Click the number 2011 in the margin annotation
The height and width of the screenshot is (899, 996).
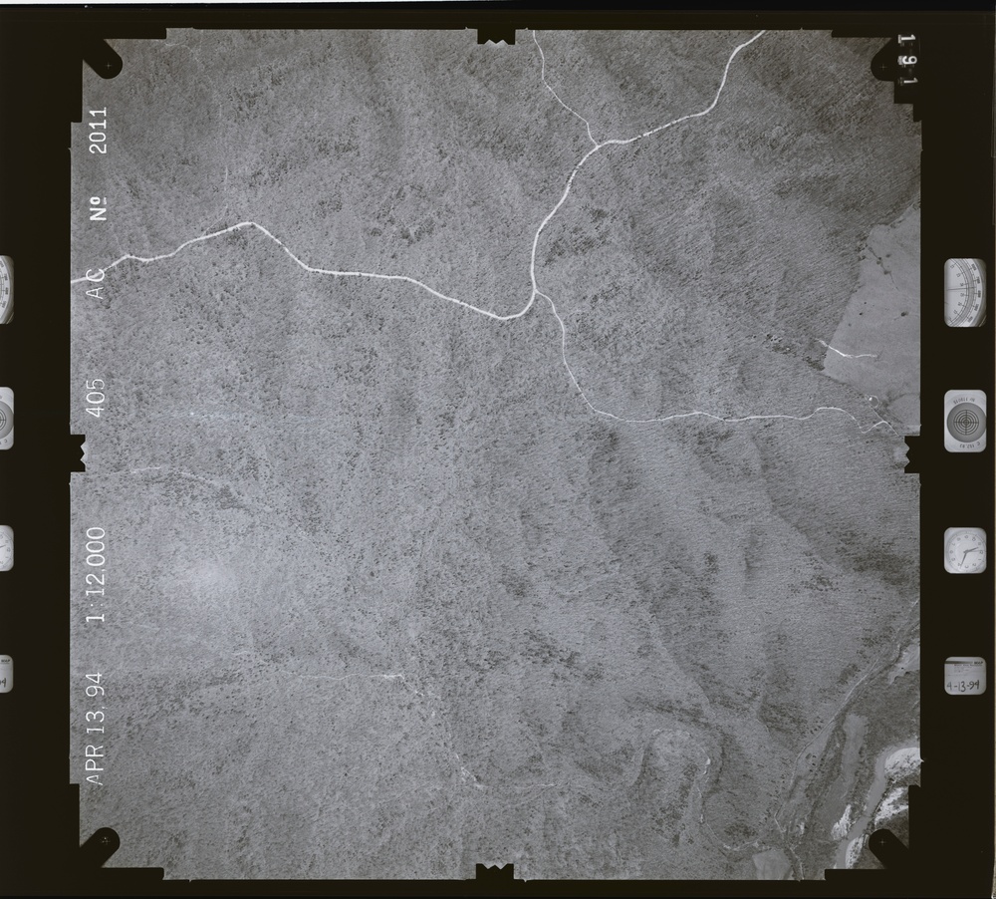click(99, 130)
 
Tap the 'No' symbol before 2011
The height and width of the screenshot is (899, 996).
click(99, 208)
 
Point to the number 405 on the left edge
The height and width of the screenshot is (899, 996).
click(97, 398)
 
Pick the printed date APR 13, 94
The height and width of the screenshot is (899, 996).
click(96, 725)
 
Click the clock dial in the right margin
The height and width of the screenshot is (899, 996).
click(964, 551)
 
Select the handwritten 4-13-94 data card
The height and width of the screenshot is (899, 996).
click(964, 679)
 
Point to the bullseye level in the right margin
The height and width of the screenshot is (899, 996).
click(965, 421)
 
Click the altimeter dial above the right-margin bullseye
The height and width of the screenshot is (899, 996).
click(965, 292)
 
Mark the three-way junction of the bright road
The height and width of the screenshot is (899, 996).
click(535, 293)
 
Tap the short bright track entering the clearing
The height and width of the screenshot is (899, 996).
click(846, 351)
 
